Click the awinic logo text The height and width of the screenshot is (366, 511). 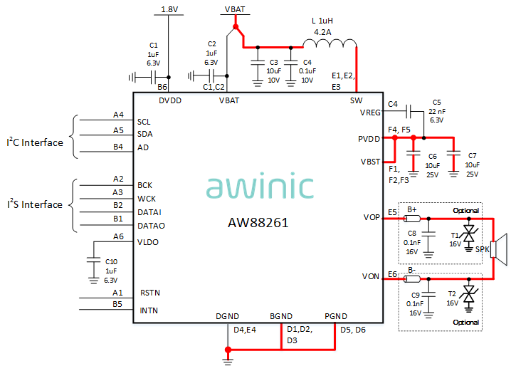point(260,187)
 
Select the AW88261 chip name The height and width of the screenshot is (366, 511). point(258,222)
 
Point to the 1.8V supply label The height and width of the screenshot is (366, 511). point(169,9)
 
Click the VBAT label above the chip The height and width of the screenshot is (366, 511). point(236,9)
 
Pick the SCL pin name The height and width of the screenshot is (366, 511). point(144,122)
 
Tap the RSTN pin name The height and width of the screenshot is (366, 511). point(149,292)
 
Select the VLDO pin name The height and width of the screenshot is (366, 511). point(149,242)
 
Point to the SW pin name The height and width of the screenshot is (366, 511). point(356,100)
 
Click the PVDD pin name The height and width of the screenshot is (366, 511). point(369,138)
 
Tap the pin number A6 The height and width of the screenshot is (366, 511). point(118,236)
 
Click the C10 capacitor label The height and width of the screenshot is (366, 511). point(110,262)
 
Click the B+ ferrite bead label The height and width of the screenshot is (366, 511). point(412,209)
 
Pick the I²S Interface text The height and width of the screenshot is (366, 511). point(35,205)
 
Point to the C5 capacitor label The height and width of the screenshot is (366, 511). point(436,102)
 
